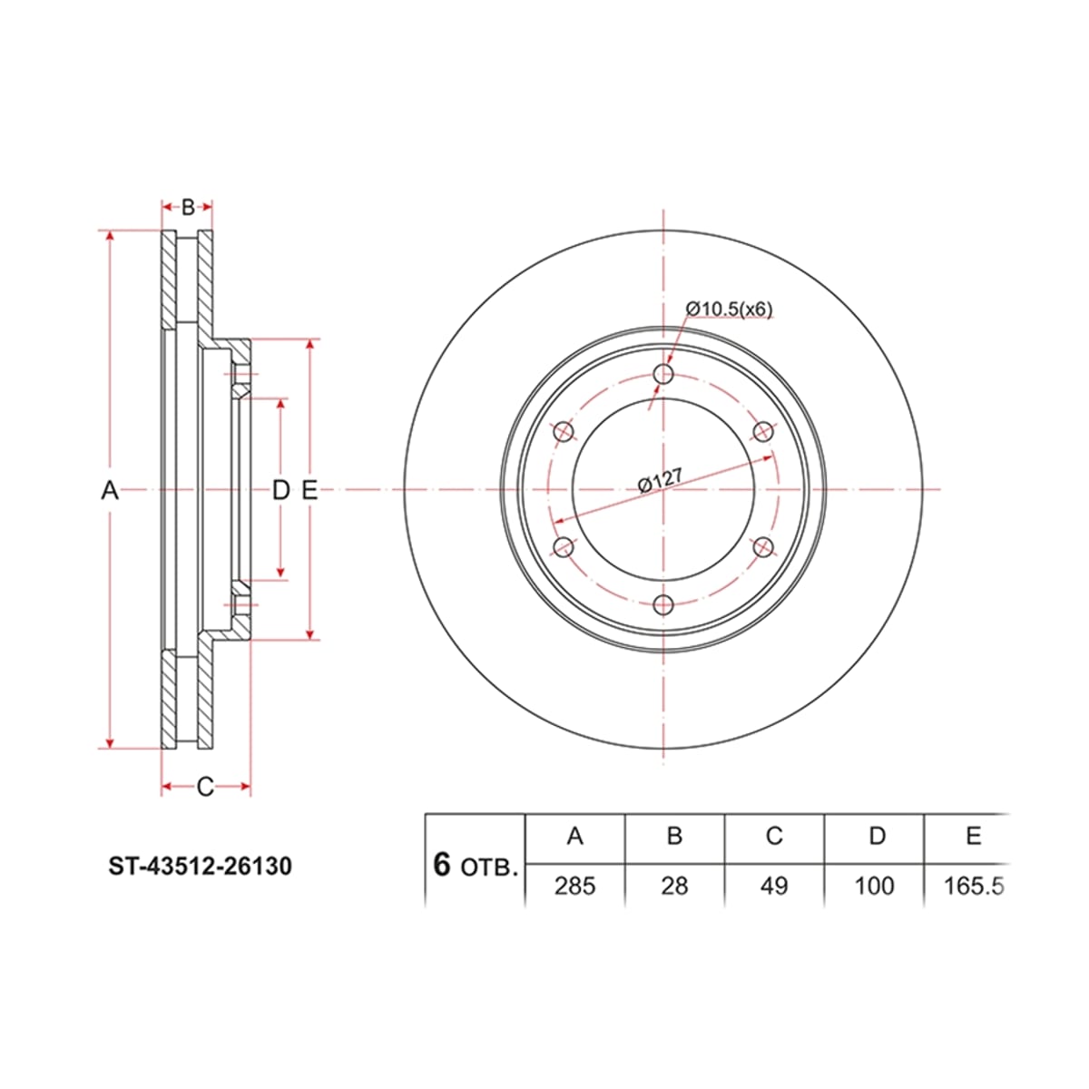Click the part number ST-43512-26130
pos(201,866)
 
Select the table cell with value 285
pos(574,886)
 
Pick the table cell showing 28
pos(674,886)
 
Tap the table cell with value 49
pos(774,886)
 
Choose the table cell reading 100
pos(874,886)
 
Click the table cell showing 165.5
pos(967,886)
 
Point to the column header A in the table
pos(574,836)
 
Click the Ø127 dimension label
pos(660,481)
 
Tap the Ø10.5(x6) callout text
pos(729,309)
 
